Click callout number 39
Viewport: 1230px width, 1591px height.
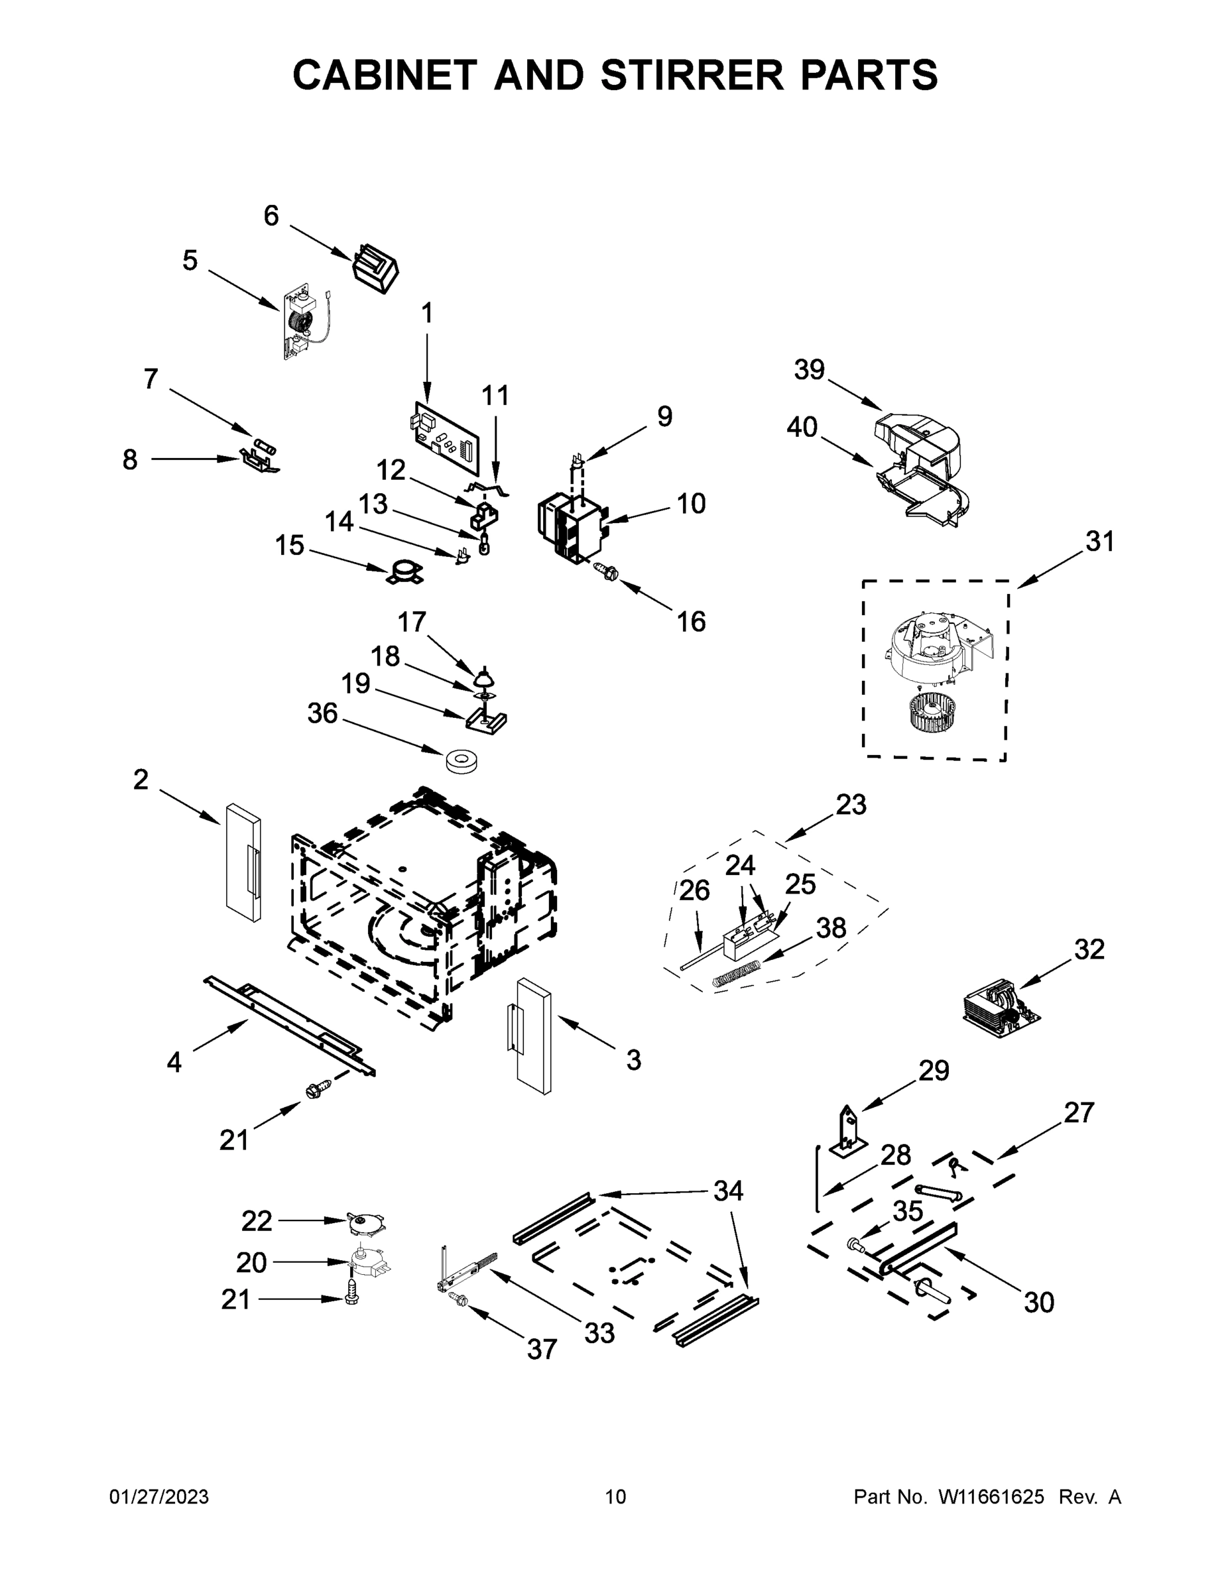[809, 369]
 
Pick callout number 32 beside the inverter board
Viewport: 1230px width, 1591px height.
[1089, 949]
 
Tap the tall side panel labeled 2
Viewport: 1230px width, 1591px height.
[243, 862]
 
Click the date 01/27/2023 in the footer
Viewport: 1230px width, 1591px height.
[159, 1497]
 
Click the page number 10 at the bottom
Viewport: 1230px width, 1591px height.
[615, 1497]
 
